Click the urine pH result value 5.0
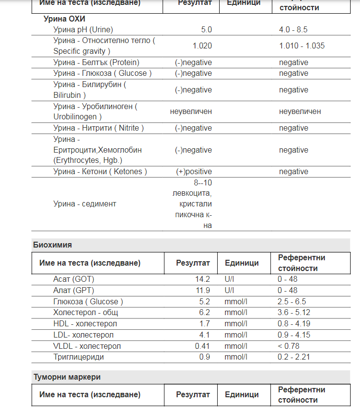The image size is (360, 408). point(206,29)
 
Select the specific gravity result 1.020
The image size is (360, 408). point(202,45)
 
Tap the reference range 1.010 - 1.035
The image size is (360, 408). point(302,45)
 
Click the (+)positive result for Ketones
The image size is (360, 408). point(194,172)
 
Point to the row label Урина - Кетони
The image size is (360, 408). point(100,172)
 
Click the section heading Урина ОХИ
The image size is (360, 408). point(61,19)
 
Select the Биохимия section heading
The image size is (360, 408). point(52,245)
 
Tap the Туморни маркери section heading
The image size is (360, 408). point(67,377)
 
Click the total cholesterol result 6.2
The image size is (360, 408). point(204,312)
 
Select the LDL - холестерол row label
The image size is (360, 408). point(84,335)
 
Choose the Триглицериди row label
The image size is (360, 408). point(78,357)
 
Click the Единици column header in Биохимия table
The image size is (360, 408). point(242,263)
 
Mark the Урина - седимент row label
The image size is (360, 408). point(85,204)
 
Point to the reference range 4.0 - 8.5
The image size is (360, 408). point(293,29)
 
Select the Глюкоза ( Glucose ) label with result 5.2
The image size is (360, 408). point(88,301)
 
